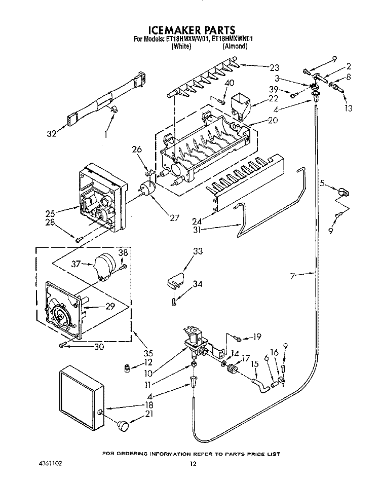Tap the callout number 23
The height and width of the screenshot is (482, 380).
[x=274, y=67]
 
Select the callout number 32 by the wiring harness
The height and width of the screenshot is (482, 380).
[x=52, y=134]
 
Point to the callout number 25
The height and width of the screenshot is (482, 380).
[x=51, y=213]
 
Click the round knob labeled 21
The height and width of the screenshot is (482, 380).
[x=123, y=425]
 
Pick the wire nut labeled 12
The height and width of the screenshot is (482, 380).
[x=127, y=368]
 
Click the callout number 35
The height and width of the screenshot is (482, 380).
[x=148, y=353]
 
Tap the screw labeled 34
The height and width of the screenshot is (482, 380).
[x=174, y=303]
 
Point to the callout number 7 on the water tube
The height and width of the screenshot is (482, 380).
[x=292, y=276]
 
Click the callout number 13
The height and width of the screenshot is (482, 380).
[x=348, y=108]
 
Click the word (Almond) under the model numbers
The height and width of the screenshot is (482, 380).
[x=235, y=46]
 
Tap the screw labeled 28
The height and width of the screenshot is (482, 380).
[x=79, y=239]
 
